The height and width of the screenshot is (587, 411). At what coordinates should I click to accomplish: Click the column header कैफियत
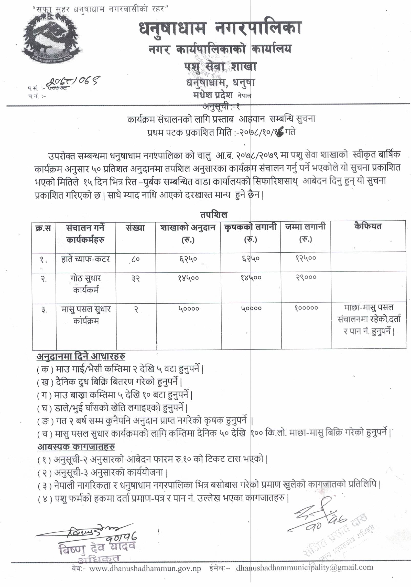368,227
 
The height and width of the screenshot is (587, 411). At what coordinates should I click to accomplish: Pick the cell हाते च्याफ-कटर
85,259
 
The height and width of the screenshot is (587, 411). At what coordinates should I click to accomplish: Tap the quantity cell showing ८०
136,259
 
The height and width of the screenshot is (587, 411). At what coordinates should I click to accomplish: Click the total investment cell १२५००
306,258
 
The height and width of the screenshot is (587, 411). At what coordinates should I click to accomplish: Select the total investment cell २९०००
306,277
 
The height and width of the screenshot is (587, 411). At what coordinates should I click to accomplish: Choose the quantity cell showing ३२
136,278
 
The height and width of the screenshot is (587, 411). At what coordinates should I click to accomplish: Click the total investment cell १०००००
306,308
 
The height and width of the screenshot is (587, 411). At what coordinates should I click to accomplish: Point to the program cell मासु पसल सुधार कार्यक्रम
86,315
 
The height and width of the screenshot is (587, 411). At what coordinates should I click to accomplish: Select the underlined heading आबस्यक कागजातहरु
76,447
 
